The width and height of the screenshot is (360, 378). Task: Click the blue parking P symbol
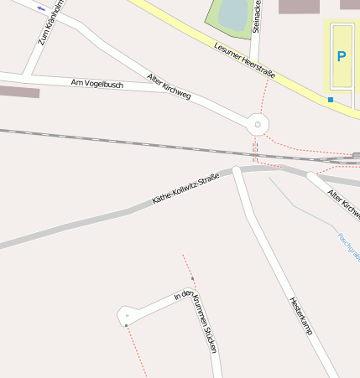coord(341,57)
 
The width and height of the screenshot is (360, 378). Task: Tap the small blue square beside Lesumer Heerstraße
coord(331,100)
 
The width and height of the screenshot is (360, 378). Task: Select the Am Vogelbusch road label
coord(97,84)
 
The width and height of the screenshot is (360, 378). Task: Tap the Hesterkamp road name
coord(300,316)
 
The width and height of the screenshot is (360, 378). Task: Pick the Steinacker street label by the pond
coord(256,17)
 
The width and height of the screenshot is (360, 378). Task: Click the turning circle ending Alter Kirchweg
coord(257,124)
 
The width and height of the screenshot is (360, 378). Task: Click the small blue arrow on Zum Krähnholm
coord(41,8)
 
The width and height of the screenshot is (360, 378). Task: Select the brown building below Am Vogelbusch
coord(18,92)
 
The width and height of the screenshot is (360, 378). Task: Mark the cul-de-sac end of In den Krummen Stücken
coord(126,315)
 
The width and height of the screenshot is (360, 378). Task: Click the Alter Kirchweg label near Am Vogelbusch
coord(169,86)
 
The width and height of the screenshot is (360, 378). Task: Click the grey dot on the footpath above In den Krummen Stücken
coord(192,277)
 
